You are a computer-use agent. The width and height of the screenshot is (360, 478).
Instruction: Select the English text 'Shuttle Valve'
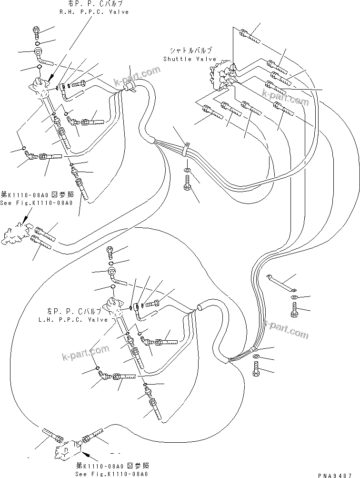coord(190,59)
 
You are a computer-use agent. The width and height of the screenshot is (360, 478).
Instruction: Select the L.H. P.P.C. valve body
coord(113,305)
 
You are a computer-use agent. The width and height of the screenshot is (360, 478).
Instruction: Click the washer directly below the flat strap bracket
coord(293,298)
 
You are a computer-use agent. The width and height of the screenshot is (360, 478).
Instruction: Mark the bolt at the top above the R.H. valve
coord(37,32)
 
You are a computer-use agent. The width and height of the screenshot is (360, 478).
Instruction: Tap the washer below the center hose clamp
coord(187,170)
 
